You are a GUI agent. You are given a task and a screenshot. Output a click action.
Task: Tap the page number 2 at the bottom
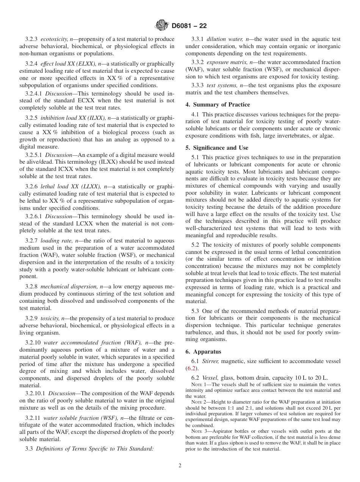180,466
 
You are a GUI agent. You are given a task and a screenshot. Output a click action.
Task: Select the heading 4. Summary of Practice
218,104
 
